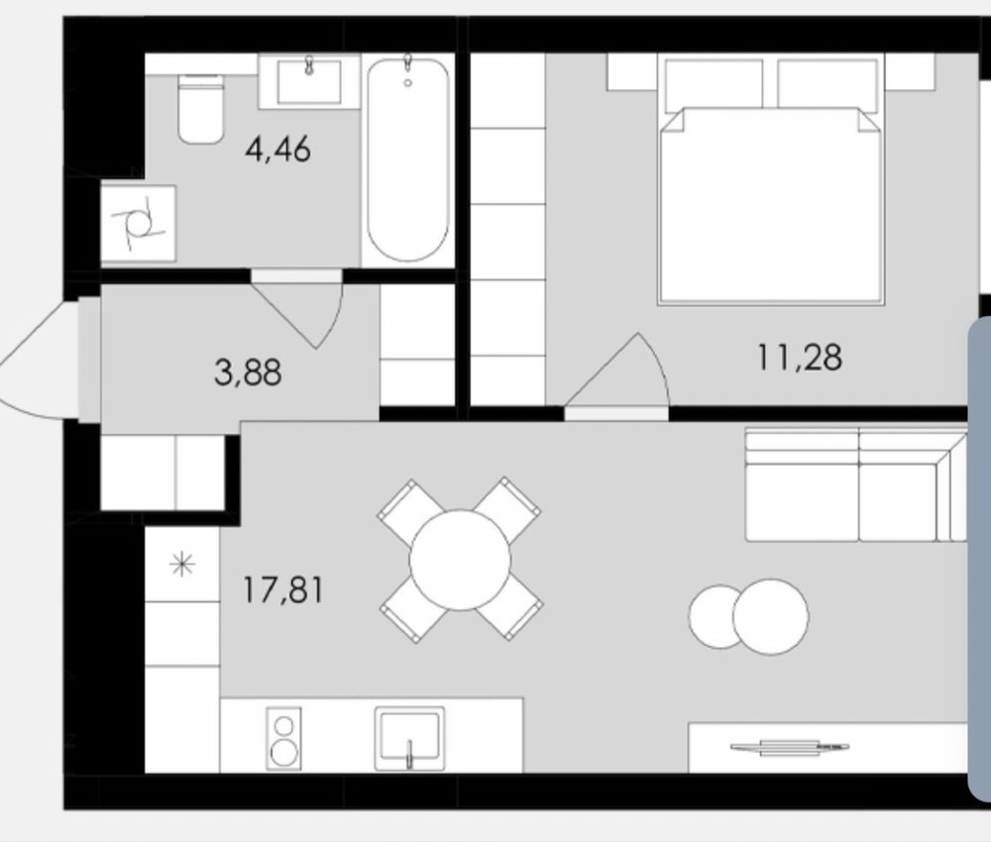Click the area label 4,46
pyautogui.click(x=278, y=151)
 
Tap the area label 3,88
pyautogui.click(x=248, y=372)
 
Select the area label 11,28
pyautogui.click(x=800, y=357)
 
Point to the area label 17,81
pyautogui.click(x=283, y=590)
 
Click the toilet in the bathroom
pyautogui.click(x=200, y=108)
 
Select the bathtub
pyautogui.click(x=407, y=159)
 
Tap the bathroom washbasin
pyautogui.click(x=309, y=82)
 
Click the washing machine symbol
pyautogui.click(x=139, y=224)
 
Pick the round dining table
pyautogui.click(x=460, y=560)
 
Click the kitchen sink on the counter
pyautogui.click(x=409, y=738)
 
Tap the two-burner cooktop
pyautogui.click(x=283, y=738)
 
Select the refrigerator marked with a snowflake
pyautogui.click(x=182, y=564)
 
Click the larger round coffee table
pyautogui.click(x=770, y=616)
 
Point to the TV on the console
pyautogui.click(x=790, y=748)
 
